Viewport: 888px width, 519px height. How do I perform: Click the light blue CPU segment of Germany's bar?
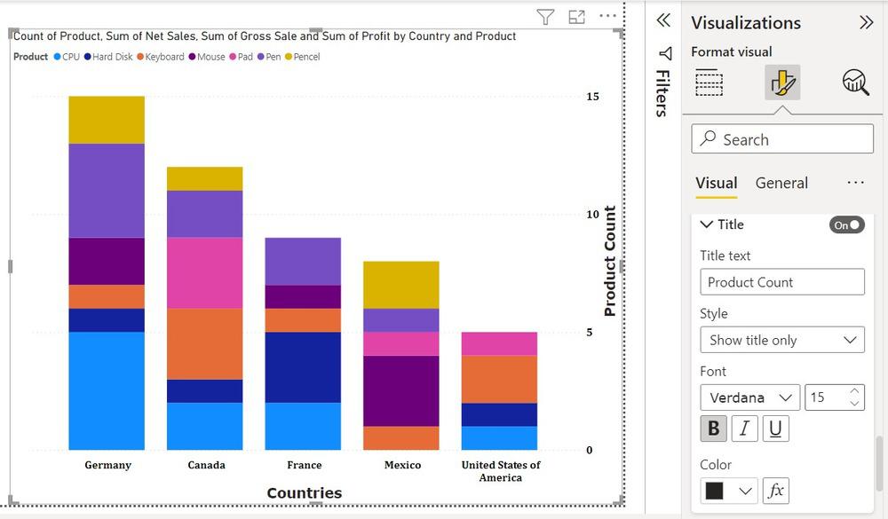107,390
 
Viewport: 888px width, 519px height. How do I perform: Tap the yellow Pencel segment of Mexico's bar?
400,284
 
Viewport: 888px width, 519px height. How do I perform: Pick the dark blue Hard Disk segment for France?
303,367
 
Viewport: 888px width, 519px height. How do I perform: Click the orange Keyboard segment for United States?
499,379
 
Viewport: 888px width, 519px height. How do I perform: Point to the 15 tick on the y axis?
591,96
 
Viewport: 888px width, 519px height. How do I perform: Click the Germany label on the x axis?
107,465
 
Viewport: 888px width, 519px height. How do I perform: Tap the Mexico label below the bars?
402,465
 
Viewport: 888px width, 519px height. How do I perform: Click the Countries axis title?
304,493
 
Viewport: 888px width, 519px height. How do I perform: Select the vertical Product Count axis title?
610,261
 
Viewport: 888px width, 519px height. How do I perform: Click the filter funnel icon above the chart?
546,17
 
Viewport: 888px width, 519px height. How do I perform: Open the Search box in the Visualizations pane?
782,139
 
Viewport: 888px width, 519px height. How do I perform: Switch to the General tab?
781,183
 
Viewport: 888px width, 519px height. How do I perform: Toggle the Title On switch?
847,225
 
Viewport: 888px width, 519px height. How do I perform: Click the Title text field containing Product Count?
782,282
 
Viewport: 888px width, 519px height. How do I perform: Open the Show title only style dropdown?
782,340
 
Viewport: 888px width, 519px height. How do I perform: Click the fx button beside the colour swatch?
775,491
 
